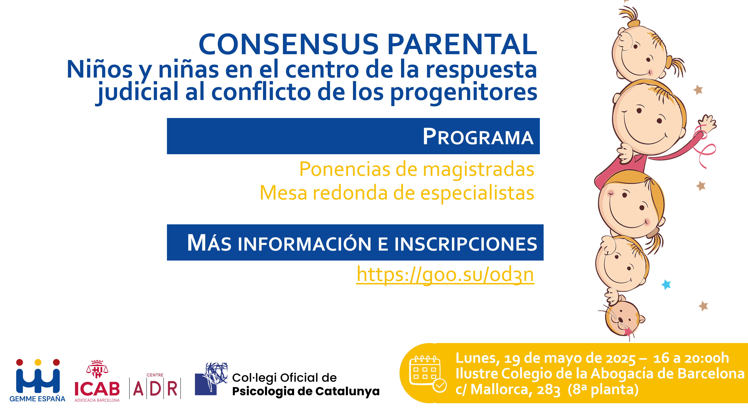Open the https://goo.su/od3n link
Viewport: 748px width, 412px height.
pos(445,275)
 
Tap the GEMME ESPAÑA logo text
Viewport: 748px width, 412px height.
pos(37,399)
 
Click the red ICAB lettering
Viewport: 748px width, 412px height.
pos(97,389)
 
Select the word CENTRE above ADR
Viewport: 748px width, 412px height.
pos(155,375)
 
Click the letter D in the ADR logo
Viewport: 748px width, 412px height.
pos(155,389)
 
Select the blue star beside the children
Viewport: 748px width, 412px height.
pos(666,284)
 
